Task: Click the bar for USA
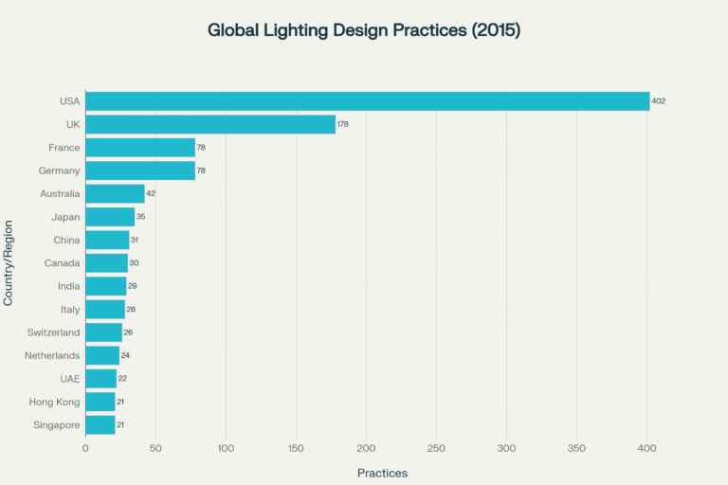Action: pos(367,101)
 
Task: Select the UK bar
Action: pos(210,124)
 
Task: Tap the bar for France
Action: pos(140,148)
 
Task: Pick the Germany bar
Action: pos(140,171)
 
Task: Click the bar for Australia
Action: pos(115,193)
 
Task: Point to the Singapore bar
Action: pos(100,424)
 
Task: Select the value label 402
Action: pos(659,101)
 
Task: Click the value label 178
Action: pos(344,124)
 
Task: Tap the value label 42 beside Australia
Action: pos(151,193)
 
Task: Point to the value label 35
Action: pos(140,217)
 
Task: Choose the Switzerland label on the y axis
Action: pos(52,332)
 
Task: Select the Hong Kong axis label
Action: pos(55,402)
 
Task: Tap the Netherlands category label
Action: pos(52,355)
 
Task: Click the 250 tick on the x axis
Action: pos(436,448)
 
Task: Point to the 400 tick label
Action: pos(647,448)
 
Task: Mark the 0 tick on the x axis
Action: pos(85,448)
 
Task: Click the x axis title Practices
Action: pos(382,472)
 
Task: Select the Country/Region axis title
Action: pos(9,262)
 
